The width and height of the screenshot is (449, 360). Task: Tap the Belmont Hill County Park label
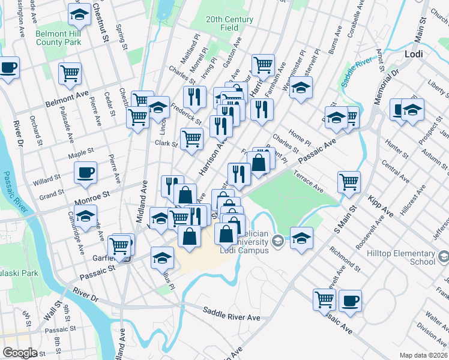point(58,38)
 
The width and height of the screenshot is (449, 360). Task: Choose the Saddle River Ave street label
point(231,313)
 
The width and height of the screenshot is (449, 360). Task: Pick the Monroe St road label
point(94,194)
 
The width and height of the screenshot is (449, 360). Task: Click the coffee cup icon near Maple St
point(85,173)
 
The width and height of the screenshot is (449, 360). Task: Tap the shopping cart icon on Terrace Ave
point(349,181)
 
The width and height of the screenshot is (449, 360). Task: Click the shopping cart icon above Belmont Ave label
point(70,73)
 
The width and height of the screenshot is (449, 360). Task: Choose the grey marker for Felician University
point(277,242)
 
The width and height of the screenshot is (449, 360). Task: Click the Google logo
point(20,353)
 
